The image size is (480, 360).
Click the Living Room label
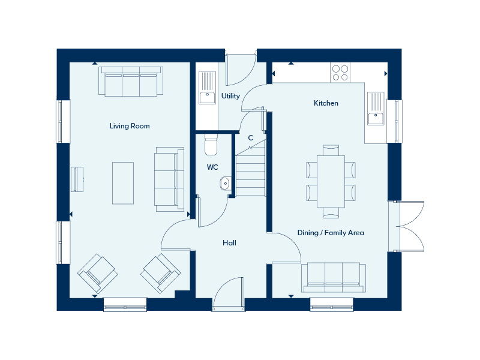(x=130, y=126)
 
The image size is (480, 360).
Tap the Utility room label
(x=230, y=96)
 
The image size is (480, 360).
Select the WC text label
(x=212, y=167)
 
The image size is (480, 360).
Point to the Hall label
(x=229, y=243)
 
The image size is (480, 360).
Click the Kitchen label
(x=326, y=103)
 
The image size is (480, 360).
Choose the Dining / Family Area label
(x=331, y=233)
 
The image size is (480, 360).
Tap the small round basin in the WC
(x=225, y=184)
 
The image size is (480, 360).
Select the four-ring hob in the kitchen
(x=340, y=73)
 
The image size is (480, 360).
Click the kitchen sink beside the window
(x=376, y=109)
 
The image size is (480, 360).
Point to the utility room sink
(x=207, y=88)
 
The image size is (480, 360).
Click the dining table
(x=331, y=182)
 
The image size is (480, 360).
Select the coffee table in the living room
(x=123, y=183)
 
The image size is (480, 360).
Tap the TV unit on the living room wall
(x=77, y=179)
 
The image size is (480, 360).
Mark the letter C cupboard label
(x=251, y=138)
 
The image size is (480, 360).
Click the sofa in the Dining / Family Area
(x=334, y=277)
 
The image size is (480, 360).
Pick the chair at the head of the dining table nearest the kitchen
(x=331, y=150)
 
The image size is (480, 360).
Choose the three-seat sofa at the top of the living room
(x=131, y=82)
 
